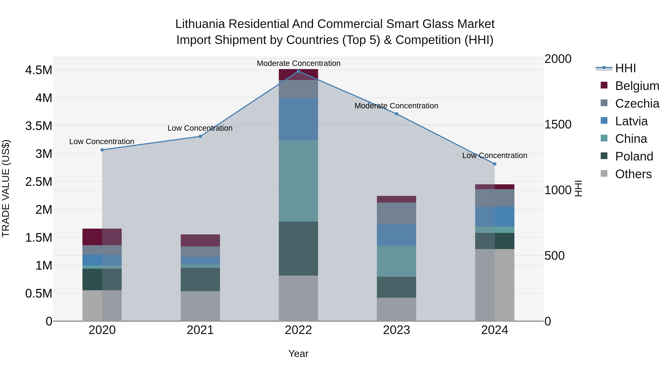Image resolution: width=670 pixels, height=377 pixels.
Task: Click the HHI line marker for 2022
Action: click(298, 71)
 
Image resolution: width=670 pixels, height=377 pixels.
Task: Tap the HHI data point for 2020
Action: click(102, 150)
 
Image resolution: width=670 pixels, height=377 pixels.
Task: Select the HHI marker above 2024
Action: click(495, 164)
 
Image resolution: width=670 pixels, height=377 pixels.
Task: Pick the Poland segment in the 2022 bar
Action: click(298, 249)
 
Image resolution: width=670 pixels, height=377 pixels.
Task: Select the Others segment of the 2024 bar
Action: click(495, 285)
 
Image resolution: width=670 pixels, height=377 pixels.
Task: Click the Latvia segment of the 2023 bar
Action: click(396, 235)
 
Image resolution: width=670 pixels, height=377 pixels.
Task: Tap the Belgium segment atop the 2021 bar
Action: click(200, 240)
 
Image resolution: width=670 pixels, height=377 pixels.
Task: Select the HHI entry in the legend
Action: click(625, 68)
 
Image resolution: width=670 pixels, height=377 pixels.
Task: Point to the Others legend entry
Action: click(633, 174)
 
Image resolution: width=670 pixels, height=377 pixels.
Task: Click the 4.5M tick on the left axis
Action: click(39, 70)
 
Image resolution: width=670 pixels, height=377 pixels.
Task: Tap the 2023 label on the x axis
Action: click(396, 330)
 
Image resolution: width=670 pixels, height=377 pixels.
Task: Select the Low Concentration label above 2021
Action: click(200, 128)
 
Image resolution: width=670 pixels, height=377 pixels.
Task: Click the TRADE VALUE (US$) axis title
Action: click(6, 188)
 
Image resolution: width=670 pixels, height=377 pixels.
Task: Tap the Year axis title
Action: click(298, 354)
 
